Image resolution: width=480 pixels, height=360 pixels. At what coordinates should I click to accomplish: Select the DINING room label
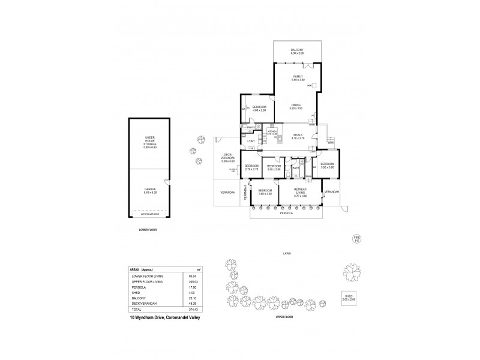pyautogui.click(x=296, y=107)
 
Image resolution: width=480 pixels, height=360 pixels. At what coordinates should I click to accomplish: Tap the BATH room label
pyautogui.click(x=296, y=168)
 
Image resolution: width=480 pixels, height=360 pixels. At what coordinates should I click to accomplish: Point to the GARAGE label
pyautogui.click(x=150, y=190)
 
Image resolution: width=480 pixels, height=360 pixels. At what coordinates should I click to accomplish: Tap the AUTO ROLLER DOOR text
pyautogui.click(x=149, y=213)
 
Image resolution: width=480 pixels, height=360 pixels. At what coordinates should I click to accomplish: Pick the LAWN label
pyautogui.click(x=287, y=254)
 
